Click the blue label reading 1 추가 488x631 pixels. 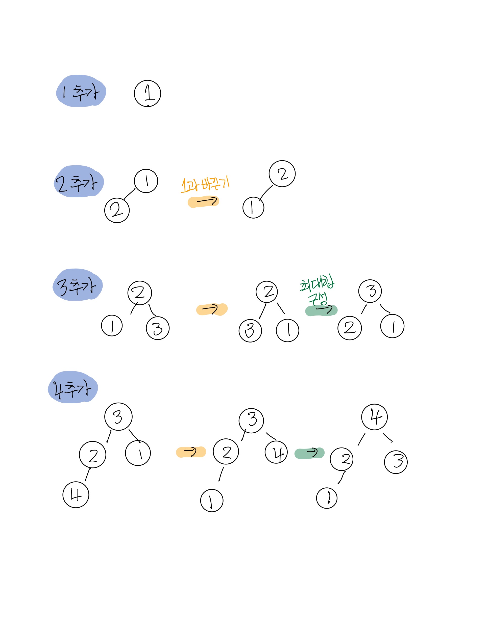click(x=81, y=91)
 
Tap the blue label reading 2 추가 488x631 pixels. click(x=79, y=182)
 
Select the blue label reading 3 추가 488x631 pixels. click(x=78, y=285)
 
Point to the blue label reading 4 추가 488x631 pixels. click(x=73, y=387)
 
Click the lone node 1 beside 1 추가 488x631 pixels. click(x=148, y=93)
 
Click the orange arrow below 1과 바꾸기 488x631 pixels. click(x=204, y=201)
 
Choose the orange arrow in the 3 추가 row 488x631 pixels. click(x=212, y=309)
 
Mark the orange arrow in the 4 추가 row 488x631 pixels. click(x=191, y=452)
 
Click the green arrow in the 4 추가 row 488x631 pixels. click(x=309, y=453)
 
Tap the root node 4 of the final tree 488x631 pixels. click(x=374, y=417)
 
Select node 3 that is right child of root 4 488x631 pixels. click(x=396, y=462)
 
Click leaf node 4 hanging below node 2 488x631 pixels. click(x=76, y=495)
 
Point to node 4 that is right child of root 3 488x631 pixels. click(x=276, y=452)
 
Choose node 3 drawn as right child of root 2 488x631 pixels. click(x=158, y=328)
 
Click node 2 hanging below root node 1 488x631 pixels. click(x=117, y=210)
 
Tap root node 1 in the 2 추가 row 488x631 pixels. click(x=146, y=181)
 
